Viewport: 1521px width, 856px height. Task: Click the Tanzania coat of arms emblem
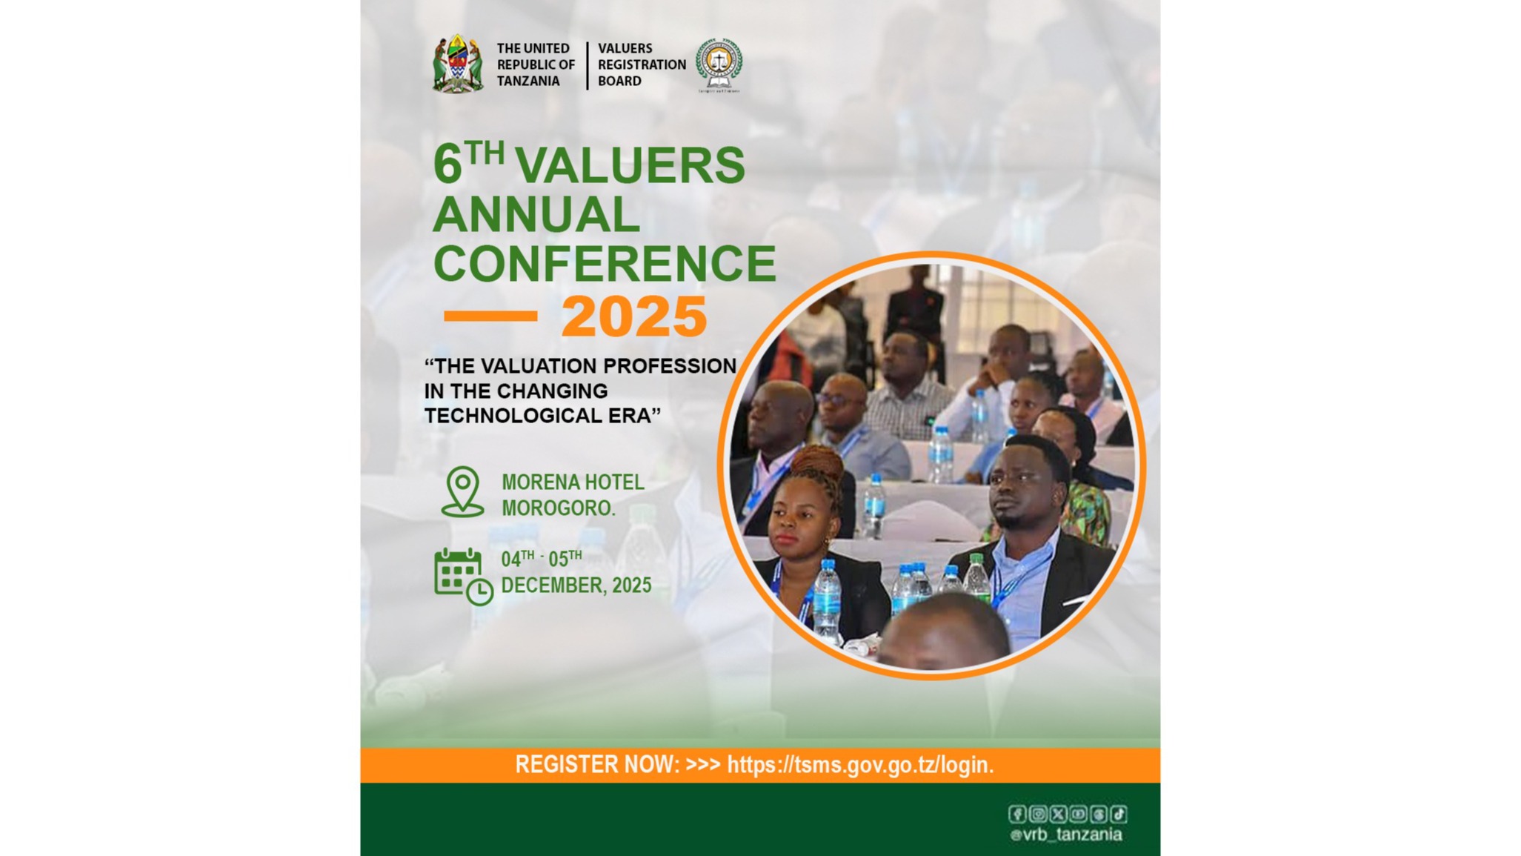pos(458,64)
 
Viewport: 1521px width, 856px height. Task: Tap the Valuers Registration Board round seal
pos(719,64)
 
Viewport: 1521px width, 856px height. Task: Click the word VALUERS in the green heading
pos(630,165)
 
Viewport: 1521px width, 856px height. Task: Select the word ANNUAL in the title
pos(536,214)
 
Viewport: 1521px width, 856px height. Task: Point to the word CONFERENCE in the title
pos(605,263)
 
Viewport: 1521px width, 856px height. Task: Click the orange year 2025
pos(634,316)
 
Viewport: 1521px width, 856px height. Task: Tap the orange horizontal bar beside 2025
pos(490,316)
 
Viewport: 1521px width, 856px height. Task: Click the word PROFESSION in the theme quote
pos(669,366)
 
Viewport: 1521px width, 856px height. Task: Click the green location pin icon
pos(462,491)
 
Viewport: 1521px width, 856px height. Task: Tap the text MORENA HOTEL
pos(573,482)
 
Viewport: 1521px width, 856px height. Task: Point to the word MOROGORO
pos(559,508)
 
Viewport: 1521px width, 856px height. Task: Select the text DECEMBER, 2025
pos(576,585)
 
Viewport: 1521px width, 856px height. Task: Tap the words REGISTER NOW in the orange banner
pos(597,765)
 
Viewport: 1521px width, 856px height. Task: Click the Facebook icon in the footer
pos(1017,814)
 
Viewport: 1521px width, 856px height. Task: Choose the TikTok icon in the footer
pos(1119,814)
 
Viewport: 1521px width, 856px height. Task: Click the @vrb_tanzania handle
pos(1066,835)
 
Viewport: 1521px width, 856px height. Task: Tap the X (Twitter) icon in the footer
pos(1058,814)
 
